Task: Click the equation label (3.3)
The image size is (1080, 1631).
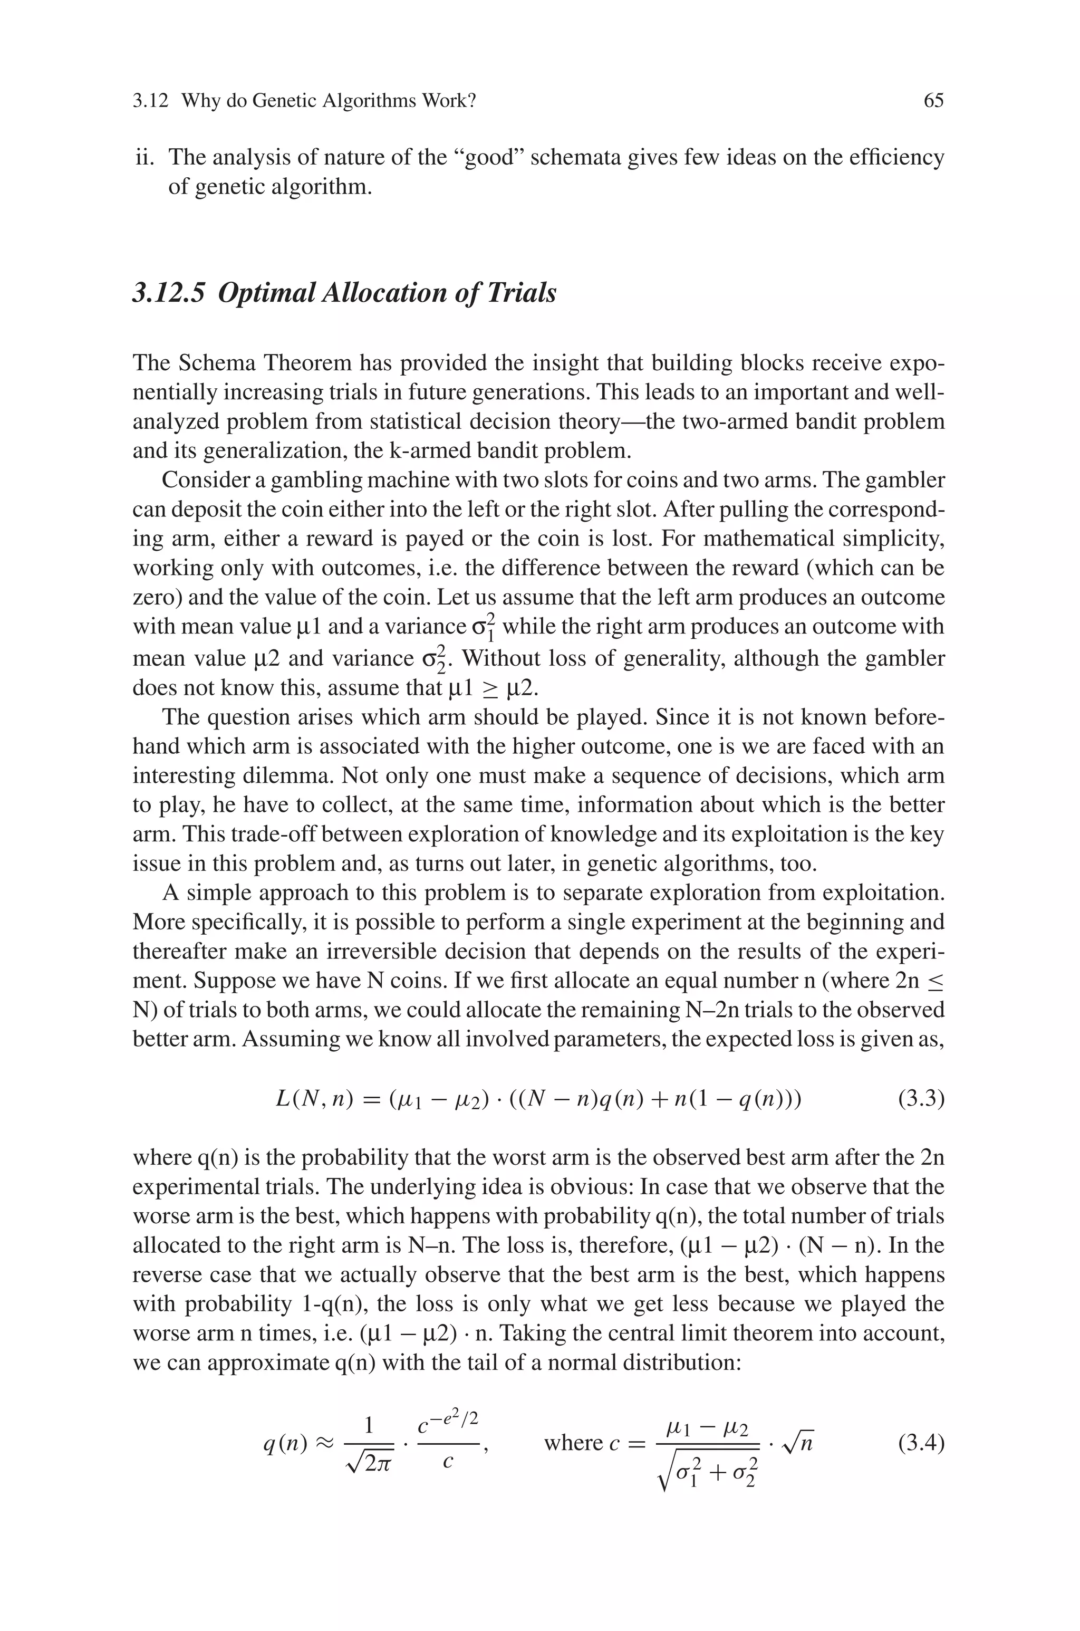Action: click(921, 1099)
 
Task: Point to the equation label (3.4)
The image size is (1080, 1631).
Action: click(921, 1443)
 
